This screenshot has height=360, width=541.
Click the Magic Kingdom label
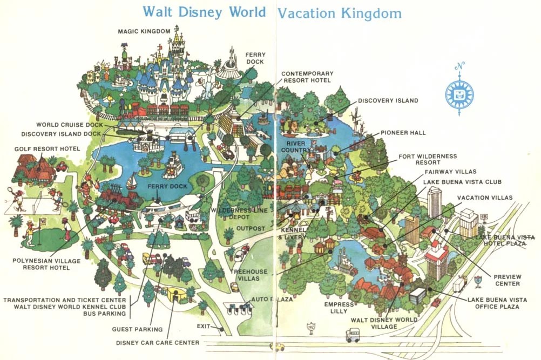pos(144,31)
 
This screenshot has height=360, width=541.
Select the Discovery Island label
pos(388,101)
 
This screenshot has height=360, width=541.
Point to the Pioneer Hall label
pos(403,132)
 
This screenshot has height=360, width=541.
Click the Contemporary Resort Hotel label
pos(307,77)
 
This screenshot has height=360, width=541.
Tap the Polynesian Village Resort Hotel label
pos(41,263)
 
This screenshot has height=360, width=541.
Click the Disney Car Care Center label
pos(158,342)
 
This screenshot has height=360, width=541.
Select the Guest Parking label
pos(137,329)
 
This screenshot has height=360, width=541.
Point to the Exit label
pos(204,326)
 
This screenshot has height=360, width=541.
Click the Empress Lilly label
pos(339,308)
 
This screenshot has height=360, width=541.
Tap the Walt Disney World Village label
pos(384,323)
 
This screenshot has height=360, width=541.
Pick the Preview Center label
pos(507,280)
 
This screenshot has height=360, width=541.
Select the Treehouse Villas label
pos(245,275)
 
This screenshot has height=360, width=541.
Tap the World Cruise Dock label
pos(69,125)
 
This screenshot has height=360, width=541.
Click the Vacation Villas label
pos(485,198)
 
